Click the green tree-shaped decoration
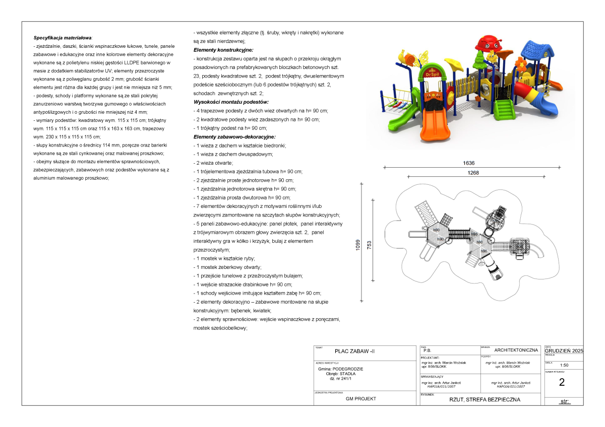click(x=479, y=60)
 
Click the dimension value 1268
click(x=472, y=173)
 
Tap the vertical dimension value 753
click(x=369, y=245)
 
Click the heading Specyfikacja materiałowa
click(x=63, y=38)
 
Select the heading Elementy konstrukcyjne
click(x=223, y=50)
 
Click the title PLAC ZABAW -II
click(x=355, y=351)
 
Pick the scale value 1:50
click(x=564, y=366)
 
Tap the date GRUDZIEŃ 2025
click(x=564, y=350)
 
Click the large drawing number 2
click(x=562, y=382)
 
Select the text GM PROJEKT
click(x=360, y=399)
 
